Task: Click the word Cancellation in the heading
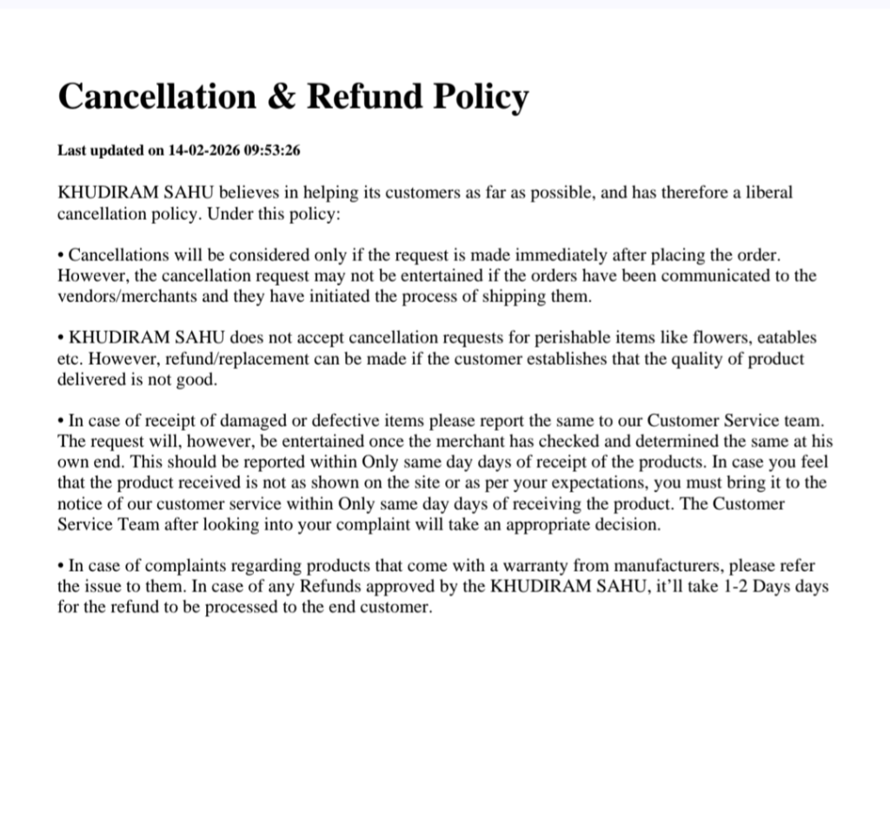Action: pos(157,96)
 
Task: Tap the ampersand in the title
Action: pos(282,96)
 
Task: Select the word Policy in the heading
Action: pos(480,96)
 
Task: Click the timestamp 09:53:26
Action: pos(272,150)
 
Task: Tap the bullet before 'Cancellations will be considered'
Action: pos(61,256)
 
